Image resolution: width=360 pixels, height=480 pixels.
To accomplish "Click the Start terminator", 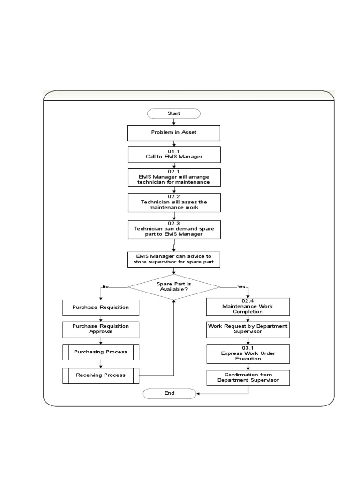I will pos(173,113).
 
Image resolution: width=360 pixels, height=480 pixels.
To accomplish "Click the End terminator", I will pos(169,393).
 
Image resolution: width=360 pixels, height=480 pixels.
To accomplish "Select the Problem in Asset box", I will pos(173,133).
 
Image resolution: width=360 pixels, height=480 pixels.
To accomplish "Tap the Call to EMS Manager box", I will pos(173,155).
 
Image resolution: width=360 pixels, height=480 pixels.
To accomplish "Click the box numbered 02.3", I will pos(173,229).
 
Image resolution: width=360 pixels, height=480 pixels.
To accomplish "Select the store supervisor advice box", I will pos(173,259).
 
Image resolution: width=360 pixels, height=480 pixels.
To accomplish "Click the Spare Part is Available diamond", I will pos(173,286).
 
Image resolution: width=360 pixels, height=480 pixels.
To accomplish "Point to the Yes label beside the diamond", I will pos(241,286).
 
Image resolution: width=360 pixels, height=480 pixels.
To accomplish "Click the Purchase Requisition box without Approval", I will pos(101,307).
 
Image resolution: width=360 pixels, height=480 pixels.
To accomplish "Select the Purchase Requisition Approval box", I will pos(101,329).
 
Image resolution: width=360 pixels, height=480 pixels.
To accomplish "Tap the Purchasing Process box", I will pos(101,352).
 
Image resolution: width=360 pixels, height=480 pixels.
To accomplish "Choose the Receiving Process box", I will pos(101,375).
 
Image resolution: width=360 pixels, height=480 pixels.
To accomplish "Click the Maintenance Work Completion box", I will pos(248,307).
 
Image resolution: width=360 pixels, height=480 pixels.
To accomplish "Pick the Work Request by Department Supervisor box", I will pos(248,329).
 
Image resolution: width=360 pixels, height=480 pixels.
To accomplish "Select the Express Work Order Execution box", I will pos(248,353).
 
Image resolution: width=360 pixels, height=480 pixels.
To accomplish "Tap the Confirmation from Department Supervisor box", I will pos(248,378).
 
